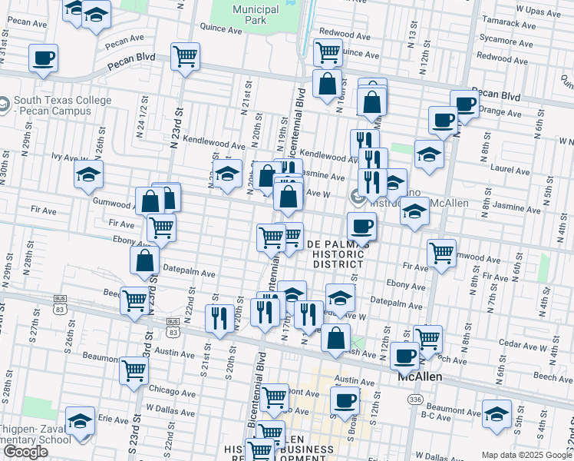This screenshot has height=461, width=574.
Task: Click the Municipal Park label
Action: [256, 15]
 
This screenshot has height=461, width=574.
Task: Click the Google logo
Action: [25, 452]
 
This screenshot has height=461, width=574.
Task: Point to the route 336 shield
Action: [415, 400]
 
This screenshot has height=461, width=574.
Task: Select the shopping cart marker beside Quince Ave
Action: [328, 51]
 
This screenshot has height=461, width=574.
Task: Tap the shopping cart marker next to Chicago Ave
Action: [134, 371]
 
